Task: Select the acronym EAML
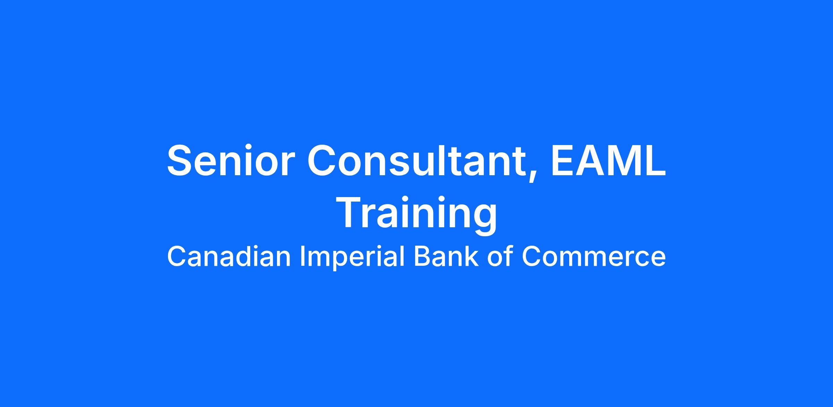608,161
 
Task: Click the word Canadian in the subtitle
228,256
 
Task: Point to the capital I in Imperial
302,256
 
